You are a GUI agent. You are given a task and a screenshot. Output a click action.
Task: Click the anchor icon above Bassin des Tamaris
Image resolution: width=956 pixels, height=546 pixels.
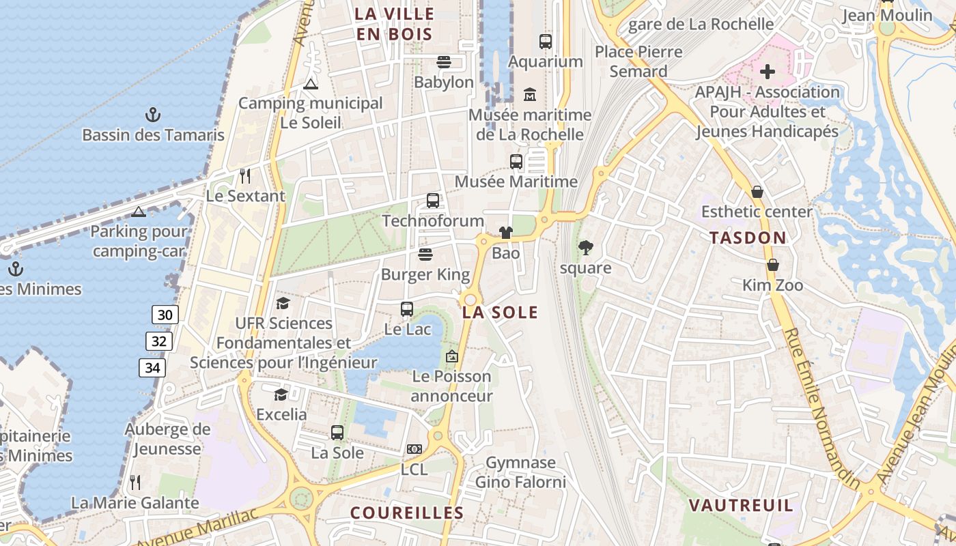click(153, 114)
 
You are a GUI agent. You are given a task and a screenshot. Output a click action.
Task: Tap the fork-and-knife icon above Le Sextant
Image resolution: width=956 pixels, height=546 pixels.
click(245, 176)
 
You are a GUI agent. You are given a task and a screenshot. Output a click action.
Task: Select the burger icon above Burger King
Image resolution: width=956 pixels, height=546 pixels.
click(425, 255)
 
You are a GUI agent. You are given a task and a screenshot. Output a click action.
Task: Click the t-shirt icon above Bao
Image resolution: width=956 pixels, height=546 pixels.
click(505, 233)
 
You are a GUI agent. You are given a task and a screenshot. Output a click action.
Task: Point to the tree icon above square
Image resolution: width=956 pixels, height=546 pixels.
click(585, 247)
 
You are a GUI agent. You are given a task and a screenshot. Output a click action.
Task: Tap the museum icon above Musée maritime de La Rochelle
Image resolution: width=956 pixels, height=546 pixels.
click(530, 94)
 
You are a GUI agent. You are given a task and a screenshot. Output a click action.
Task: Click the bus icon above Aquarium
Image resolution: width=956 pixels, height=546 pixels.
click(545, 41)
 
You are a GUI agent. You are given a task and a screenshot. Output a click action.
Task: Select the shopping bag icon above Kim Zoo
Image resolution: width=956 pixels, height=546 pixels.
click(773, 264)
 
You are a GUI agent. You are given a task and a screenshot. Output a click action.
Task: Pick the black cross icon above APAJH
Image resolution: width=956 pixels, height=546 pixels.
click(768, 71)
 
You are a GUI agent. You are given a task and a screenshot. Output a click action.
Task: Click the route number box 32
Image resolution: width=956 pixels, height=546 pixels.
click(158, 341)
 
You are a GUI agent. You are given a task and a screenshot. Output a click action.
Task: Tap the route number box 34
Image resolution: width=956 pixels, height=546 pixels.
click(152, 368)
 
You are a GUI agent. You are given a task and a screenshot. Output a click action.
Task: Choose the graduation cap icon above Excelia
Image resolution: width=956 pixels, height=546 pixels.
click(281, 394)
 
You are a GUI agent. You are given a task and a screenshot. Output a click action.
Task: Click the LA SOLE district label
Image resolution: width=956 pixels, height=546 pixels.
click(501, 313)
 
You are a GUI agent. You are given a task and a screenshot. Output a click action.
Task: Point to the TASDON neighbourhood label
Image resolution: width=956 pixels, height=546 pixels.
click(748, 238)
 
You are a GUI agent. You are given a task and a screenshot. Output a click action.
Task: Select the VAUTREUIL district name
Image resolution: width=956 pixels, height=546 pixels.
click(741, 506)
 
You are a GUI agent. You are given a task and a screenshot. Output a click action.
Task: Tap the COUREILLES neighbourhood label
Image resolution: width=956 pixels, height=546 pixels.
click(407, 513)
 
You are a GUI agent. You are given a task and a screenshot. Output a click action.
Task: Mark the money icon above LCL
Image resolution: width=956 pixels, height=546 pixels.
click(414, 448)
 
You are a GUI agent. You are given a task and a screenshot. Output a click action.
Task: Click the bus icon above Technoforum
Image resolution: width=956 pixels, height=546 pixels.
click(432, 201)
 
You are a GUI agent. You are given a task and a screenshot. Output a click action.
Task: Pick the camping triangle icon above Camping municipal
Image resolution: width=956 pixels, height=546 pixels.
click(311, 84)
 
